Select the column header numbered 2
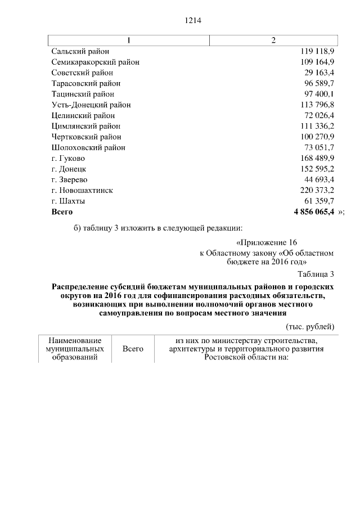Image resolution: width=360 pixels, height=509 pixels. click(x=273, y=40)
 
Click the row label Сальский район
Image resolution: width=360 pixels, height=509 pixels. click(x=80, y=51)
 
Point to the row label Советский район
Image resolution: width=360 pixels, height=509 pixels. click(x=82, y=73)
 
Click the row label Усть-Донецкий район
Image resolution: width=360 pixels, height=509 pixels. click(x=91, y=105)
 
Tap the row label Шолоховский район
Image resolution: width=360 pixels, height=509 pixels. click(x=88, y=147)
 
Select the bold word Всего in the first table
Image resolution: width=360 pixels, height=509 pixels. click(x=62, y=211)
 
